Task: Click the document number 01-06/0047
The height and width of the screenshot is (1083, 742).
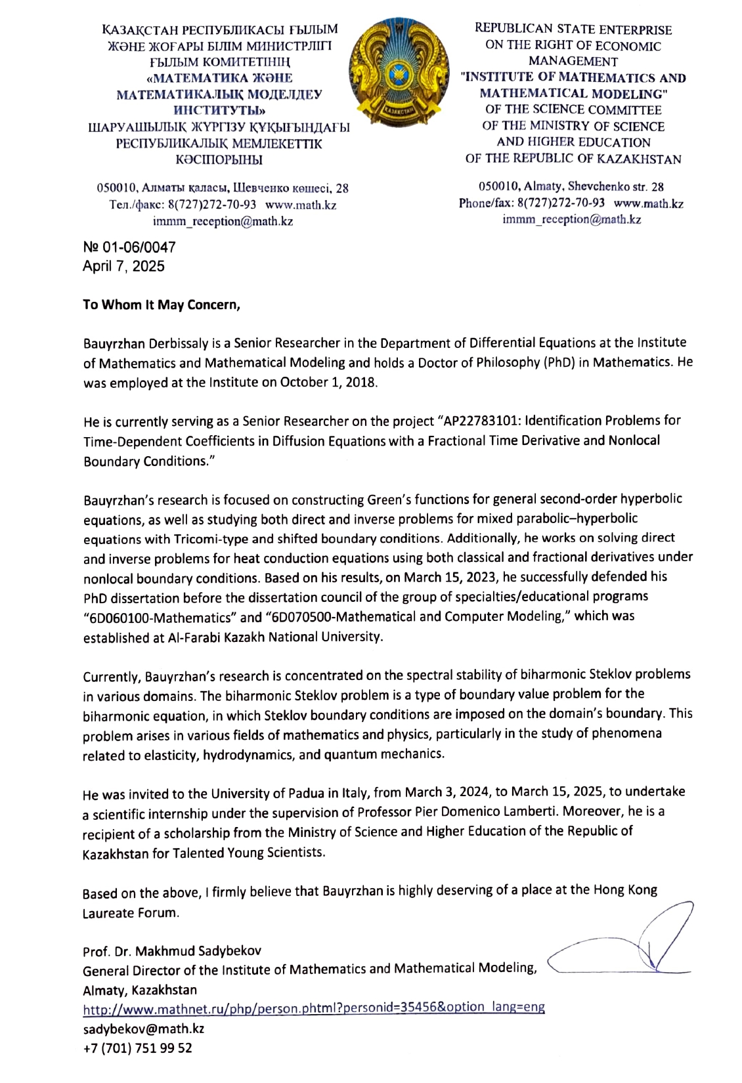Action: [129, 247]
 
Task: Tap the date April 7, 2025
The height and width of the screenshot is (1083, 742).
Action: [123, 266]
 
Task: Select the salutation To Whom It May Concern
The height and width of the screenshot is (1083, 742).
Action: [162, 305]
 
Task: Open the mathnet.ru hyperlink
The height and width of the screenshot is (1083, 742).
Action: [313, 1008]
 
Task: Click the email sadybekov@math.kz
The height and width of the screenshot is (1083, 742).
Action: [143, 1029]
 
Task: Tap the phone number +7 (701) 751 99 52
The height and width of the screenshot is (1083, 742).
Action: [137, 1048]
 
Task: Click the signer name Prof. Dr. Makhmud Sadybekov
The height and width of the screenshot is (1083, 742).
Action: [172, 950]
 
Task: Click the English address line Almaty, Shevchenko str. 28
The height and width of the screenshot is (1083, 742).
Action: [571, 186]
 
